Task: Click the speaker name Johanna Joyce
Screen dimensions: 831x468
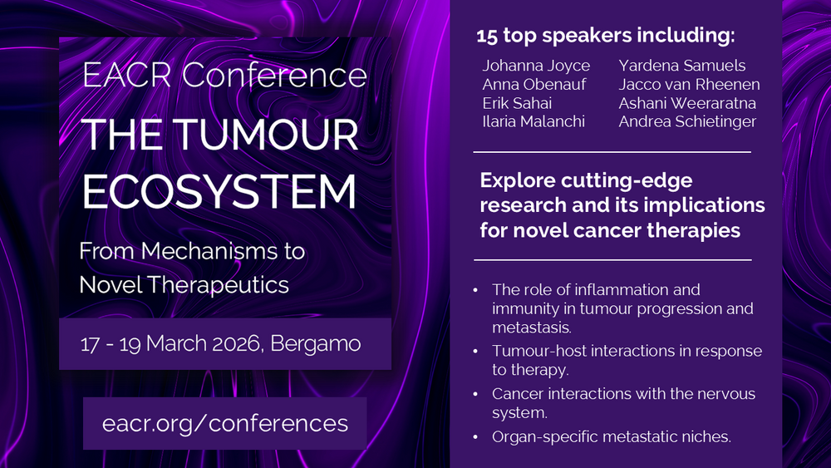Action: (x=536, y=66)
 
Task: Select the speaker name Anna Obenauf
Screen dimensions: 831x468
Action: (x=534, y=84)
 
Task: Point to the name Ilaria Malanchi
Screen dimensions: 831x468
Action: (x=534, y=121)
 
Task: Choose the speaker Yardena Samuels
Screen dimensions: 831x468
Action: (x=682, y=65)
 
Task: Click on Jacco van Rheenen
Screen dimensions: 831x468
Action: (x=689, y=84)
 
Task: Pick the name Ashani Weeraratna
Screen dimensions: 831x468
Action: (x=687, y=103)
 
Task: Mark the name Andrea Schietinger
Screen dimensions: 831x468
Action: (x=687, y=122)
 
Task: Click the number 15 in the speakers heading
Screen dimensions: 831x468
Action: (x=486, y=36)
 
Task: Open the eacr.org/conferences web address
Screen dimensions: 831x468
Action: (x=225, y=423)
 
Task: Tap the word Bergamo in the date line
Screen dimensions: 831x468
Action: (x=315, y=343)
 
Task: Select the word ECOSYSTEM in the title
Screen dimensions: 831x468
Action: (x=219, y=191)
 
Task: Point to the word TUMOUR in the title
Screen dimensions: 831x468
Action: (x=266, y=135)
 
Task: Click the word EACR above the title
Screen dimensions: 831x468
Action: (x=127, y=76)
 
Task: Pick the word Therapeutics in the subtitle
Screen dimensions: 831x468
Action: (x=218, y=285)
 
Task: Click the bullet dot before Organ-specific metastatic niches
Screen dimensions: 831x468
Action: (x=475, y=437)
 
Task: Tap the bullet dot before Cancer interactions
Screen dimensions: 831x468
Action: (x=475, y=394)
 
